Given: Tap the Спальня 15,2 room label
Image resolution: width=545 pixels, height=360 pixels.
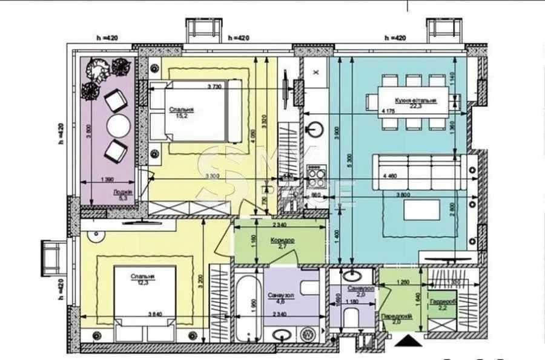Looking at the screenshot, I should pyautogui.click(x=179, y=113).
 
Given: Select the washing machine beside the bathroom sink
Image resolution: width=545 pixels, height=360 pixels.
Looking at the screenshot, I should pyautogui.click(x=308, y=333).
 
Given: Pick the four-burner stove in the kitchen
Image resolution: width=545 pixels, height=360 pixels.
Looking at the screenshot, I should pyautogui.click(x=315, y=176).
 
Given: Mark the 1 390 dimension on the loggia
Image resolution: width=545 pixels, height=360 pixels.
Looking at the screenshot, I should pyautogui.click(x=107, y=180).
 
